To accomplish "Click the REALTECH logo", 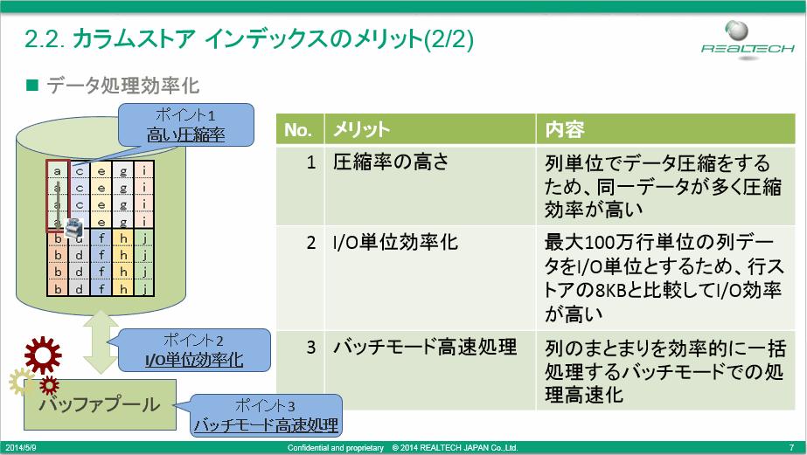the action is point(748,40).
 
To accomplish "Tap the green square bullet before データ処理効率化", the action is point(32,85).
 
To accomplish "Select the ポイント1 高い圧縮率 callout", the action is point(186,125).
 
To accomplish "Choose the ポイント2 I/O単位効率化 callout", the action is point(194,350).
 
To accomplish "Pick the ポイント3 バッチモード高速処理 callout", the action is point(266,416).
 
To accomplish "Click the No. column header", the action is point(300,129).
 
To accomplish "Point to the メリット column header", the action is point(430,129).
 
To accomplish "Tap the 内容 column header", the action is point(665,129).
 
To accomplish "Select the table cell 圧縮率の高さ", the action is point(391,162).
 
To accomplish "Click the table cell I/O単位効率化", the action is point(395,242).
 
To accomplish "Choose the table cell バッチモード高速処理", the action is point(425,347).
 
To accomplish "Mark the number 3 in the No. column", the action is point(311,347).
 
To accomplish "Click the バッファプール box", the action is point(100,404).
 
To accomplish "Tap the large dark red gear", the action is point(43,355).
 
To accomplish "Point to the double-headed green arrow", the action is point(101,341).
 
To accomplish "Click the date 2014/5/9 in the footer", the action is point(21,448).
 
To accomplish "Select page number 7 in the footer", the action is point(791,448).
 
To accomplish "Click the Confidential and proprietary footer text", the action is point(336,448).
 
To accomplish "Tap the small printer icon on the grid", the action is point(74,227).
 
